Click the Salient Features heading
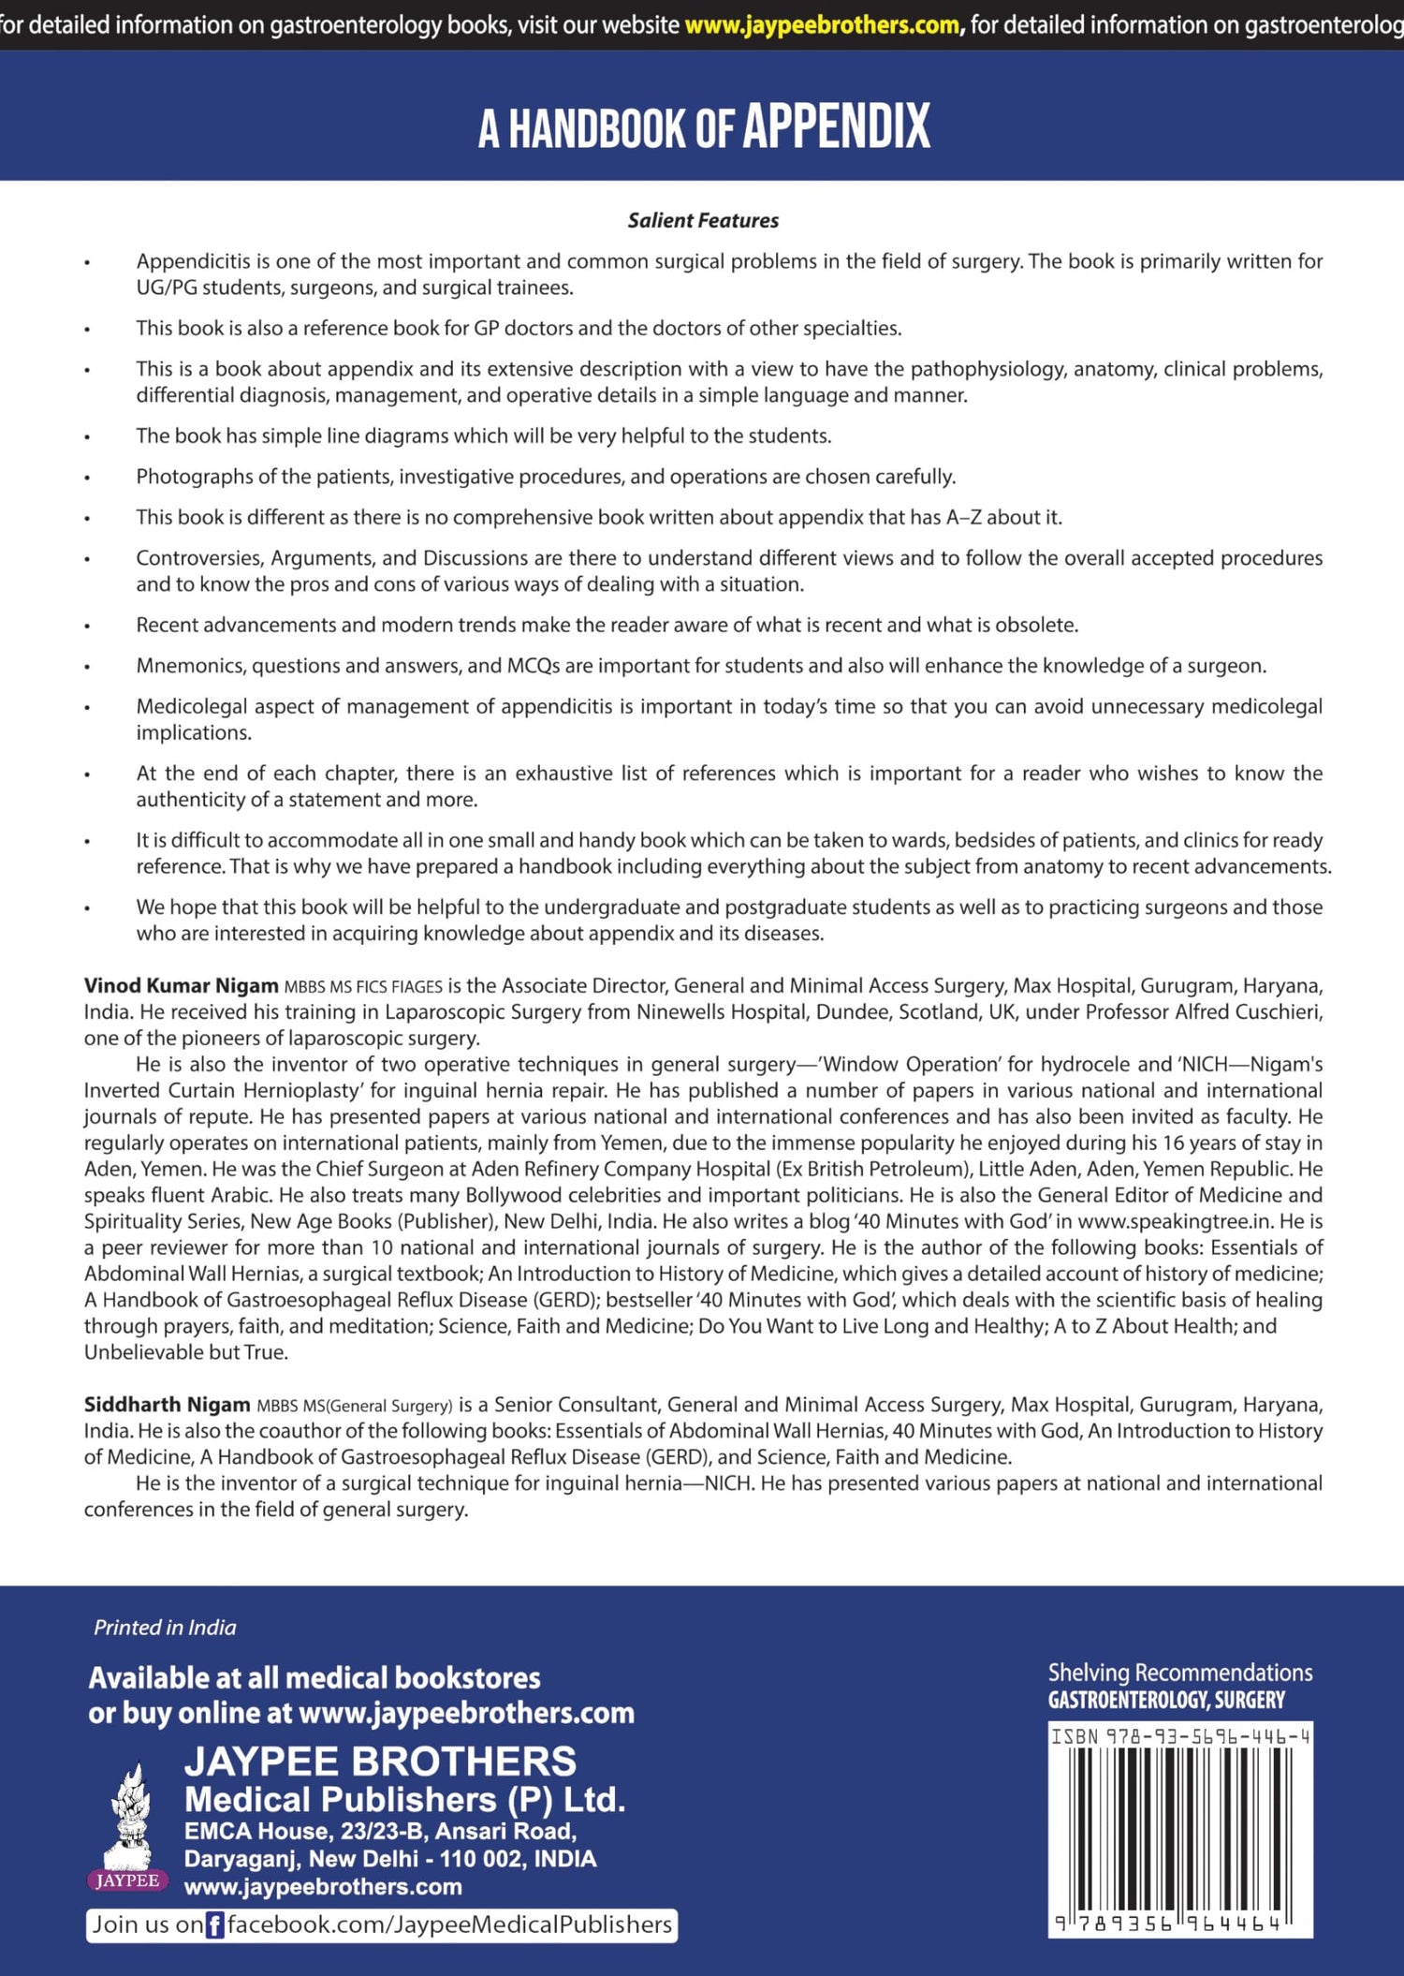click(703, 220)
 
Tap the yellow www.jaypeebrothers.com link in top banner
click(822, 24)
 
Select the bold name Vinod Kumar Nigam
click(181, 985)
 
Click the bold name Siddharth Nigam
click(167, 1404)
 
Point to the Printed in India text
click(165, 1627)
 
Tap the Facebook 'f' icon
click(214, 1925)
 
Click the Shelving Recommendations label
click(1179, 1673)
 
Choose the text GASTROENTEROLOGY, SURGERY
click(1165, 1700)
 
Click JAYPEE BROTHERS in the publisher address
click(380, 1761)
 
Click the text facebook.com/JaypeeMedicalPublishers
click(449, 1924)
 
